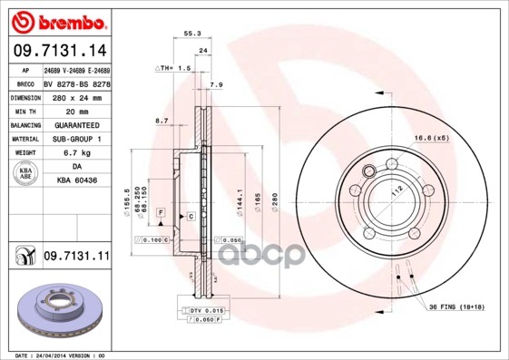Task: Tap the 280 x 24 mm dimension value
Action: [74, 95]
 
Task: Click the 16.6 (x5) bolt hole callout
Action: [431, 138]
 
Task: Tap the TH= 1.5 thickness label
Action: [175, 69]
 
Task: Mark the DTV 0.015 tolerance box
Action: [207, 310]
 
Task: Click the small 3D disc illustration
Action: [57, 311]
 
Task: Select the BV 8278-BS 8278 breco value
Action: [75, 83]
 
